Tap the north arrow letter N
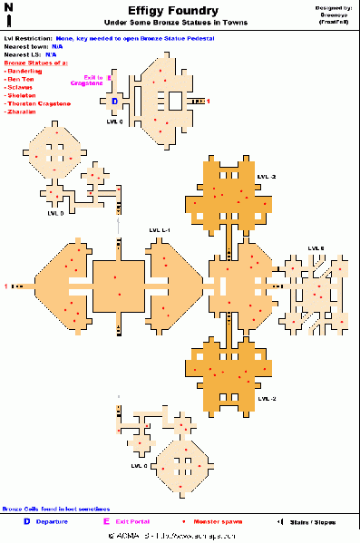tap(8, 6)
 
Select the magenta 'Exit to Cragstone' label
tap(92, 81)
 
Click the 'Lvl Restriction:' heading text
tap(26, 39)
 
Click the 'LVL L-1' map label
tap(161, 230)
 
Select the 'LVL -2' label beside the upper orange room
tap(267, 176)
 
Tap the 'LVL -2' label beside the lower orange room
tap(267, 399)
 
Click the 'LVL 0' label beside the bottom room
tap(139, 466)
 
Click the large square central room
tap(118, 285)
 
